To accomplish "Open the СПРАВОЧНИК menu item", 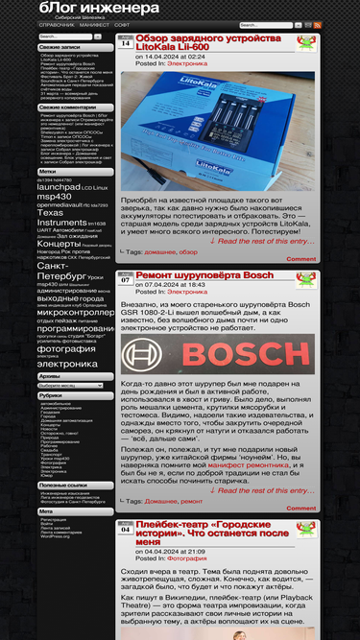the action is tap(56, 25).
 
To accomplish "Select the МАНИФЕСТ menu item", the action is tap(94, 25).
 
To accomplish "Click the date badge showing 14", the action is tap(125, 43).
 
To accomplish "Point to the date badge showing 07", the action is tap(125, 280).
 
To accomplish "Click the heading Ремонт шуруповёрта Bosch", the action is tap(204, 275).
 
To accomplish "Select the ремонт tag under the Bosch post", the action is tap(192, 501).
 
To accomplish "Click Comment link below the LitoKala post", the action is tap(300, 259).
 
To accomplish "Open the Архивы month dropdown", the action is tap(70, 385).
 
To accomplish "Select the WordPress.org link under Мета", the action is tap(56, 536).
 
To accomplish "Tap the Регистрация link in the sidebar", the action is tap(54, 519).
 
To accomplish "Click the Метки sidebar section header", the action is tap(48, 171).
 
